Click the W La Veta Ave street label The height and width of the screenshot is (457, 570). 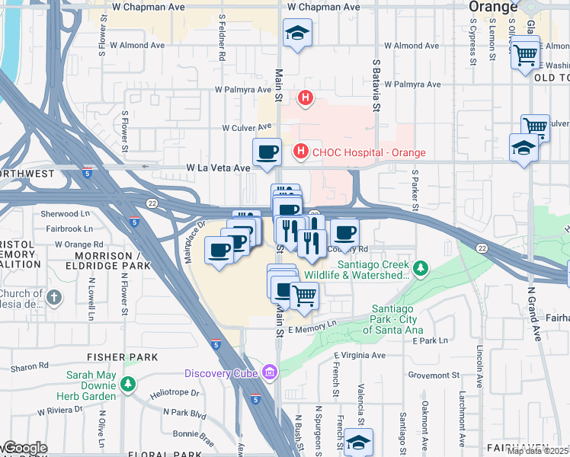pos(218,168)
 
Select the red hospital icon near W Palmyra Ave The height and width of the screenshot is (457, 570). pos(306,97)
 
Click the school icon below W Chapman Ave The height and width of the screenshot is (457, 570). pos(296,33)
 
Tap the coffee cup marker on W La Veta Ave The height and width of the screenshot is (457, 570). pos(267,152)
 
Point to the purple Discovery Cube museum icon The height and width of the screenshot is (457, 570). pos(269,372)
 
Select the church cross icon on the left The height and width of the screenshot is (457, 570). pos(54,297)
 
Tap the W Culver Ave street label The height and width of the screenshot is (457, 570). pos(247,127)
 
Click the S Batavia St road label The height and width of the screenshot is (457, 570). pos(376,85)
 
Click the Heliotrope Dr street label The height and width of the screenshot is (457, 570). pos(174,394)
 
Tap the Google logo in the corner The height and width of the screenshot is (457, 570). pos(24,448)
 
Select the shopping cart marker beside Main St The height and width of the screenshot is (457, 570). pos(304,294)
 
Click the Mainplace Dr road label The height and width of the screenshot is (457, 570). pos(195,242)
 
